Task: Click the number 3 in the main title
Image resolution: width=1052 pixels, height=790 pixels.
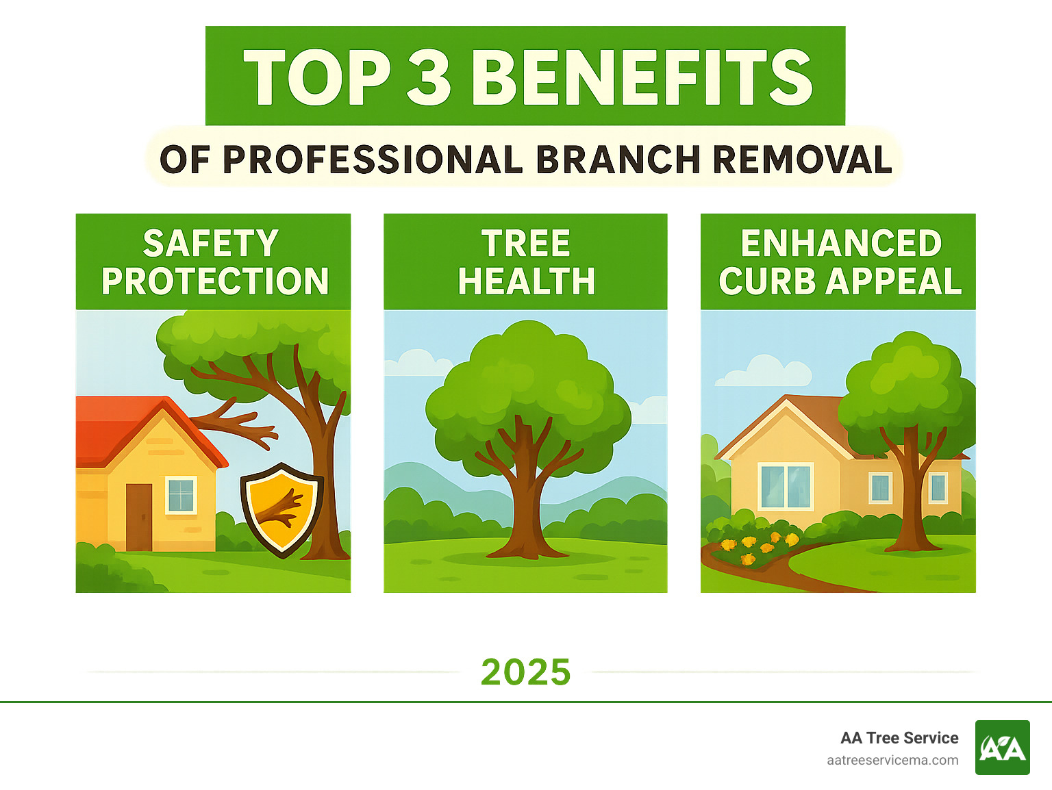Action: [x=429, y=77]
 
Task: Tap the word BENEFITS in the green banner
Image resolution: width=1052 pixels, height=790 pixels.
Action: [x=642, y=77]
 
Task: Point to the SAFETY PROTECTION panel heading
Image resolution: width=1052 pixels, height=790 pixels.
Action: [x=214, y=262]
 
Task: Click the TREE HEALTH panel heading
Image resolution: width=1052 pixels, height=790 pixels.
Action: [x=525, y=262]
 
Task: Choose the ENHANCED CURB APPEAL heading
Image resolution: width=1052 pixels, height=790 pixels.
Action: [x=840, y=262]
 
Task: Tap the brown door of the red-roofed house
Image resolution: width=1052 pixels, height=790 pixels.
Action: [x=139, y=517]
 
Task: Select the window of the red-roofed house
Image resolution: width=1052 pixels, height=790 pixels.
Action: [x=181, y=495]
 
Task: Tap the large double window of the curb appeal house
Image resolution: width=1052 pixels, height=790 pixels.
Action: [x=786, y=487]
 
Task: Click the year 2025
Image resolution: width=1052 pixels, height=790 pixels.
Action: [x=525, y=672]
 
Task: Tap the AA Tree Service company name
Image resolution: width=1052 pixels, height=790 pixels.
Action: [x=899, y=738]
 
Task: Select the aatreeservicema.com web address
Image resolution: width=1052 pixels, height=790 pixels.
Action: [x=892, y=760]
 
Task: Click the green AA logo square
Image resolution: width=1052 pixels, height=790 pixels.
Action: [x=1002, y=748]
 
